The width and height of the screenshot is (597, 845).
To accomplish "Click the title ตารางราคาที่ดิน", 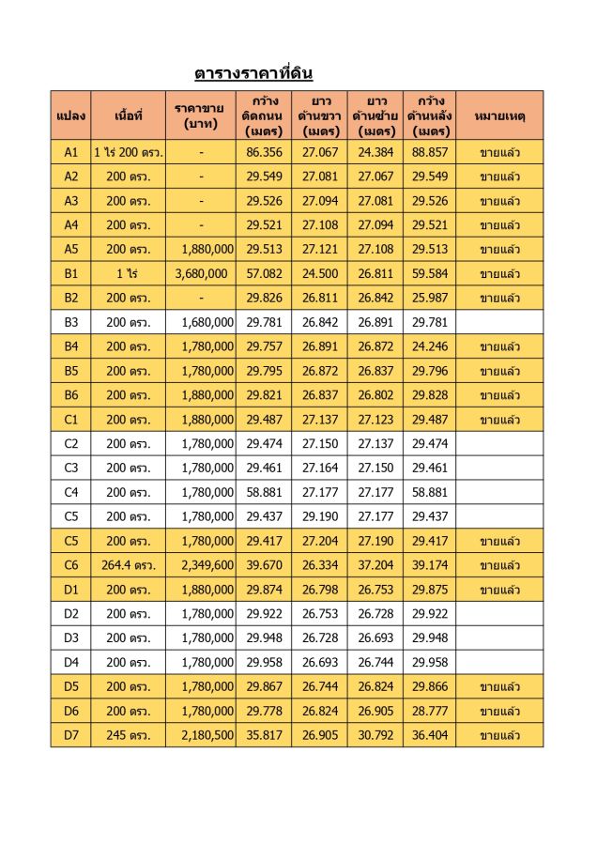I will (253, 72).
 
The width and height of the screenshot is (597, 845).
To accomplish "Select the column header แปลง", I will (70, 115).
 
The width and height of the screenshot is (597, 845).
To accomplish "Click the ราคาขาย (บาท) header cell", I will (200, 115).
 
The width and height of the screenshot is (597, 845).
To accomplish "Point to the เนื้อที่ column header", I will (128, 115).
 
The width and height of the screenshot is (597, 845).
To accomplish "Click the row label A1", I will (71, 151).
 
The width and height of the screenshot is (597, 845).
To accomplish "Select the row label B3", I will (71, 322).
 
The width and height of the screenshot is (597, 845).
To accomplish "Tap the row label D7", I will (71, 734).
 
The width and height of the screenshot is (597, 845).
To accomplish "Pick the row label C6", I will (71, 565).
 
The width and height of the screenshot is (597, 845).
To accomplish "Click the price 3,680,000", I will (201, 273).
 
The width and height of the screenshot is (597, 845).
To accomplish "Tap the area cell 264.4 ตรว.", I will (129, 565).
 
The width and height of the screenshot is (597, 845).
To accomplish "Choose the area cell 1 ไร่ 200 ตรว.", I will (129, 151).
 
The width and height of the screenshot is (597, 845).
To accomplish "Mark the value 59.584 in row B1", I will (431, 273).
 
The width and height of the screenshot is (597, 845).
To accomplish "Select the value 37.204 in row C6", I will (375, 565).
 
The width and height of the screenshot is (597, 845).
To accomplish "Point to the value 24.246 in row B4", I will (431, 346).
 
